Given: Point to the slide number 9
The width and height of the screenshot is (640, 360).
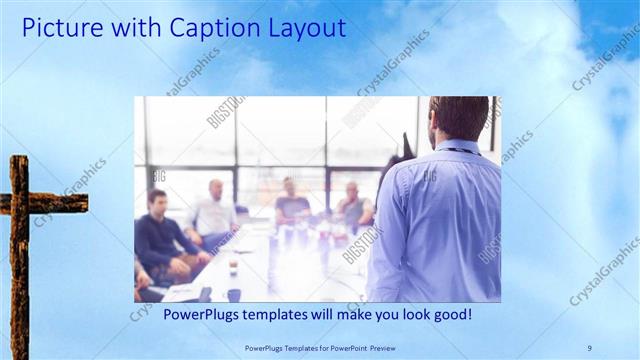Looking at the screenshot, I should (x=589, y=347).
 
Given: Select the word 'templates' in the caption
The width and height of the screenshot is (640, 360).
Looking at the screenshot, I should (x=273, y=315).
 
